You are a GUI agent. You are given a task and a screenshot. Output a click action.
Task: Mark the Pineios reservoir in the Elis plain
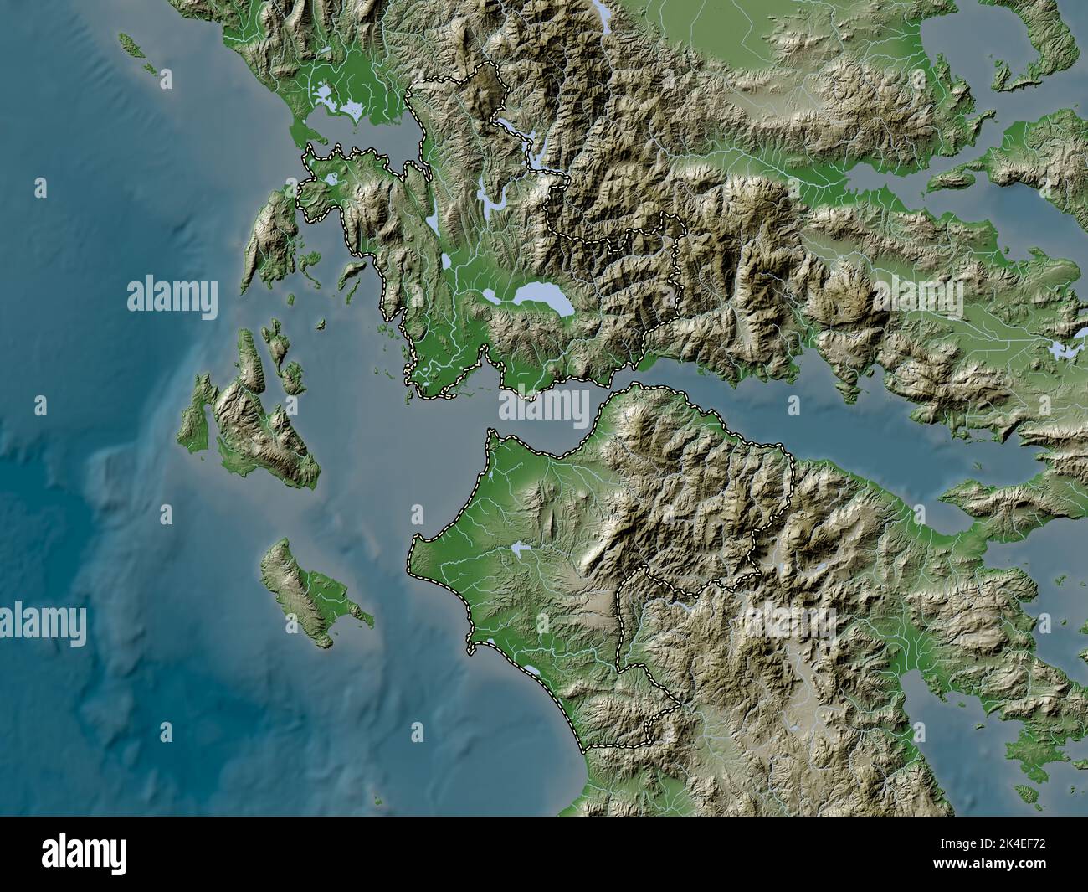(521, 549)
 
